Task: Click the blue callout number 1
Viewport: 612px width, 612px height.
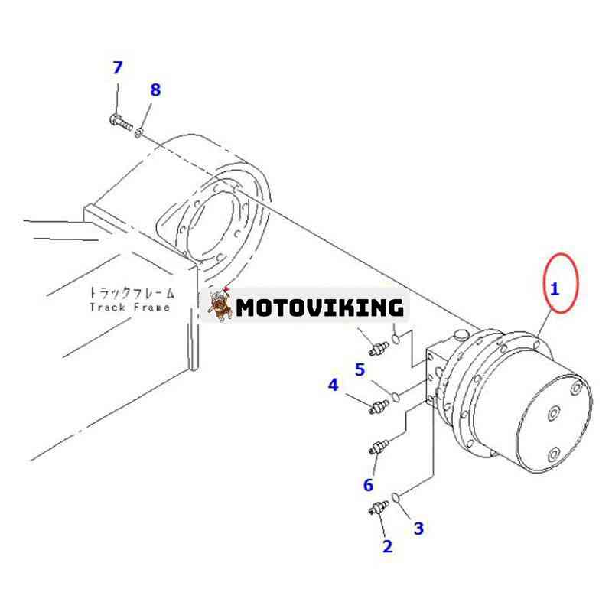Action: (x=554, y=289)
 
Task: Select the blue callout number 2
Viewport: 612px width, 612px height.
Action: (x=387, y=546)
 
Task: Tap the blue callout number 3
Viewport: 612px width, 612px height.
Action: (x=418, y=529)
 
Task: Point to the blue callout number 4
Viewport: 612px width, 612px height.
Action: (x=333, y=385)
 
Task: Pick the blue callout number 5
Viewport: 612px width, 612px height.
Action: (x=360, y=369)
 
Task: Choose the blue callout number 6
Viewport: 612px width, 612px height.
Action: (x=369, y=485)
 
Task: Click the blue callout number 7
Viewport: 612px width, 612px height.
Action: (x=118, y=67)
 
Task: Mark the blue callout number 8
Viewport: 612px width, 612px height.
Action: (x=155, y=90)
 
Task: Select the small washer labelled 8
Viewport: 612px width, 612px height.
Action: (x=139, y=133)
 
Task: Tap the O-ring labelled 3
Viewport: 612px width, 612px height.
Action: (x=396, y=498)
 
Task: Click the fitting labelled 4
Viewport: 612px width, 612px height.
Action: (x=379, y=407)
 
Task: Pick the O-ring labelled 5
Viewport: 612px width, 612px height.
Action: (x=396, y=396)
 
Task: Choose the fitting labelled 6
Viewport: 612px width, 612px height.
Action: (x=379, y=447)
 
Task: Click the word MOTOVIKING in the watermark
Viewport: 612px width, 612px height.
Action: (x=320, y=308)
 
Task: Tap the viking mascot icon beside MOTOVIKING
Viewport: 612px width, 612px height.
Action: (x=220, y=304)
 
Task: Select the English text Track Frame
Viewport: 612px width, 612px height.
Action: (x=130, y=308)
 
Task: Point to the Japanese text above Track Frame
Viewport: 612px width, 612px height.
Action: (x=131, y=292)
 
